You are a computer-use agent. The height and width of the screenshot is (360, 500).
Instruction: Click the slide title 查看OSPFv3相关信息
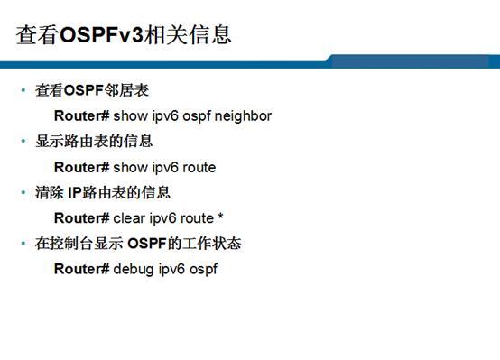124,34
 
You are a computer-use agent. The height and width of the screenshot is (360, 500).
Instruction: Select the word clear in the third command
129,218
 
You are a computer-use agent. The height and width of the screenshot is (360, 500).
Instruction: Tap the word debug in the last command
134,269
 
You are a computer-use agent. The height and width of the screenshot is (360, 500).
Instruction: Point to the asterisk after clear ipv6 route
220,217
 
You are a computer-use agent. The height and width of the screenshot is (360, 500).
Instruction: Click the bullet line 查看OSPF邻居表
91,91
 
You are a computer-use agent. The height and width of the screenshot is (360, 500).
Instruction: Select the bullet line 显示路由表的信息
94,142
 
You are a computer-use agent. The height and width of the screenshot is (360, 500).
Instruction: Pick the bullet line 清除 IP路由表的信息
102,192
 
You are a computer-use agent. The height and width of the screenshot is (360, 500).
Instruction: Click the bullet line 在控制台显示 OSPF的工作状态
137,244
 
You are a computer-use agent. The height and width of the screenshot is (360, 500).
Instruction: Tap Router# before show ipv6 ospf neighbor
81,116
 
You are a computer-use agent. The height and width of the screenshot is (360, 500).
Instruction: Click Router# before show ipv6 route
81,167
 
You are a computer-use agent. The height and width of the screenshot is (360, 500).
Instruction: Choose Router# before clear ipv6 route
81,218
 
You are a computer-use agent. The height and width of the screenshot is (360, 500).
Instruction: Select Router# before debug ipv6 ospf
81,269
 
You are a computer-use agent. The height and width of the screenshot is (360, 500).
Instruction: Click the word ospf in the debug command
203,269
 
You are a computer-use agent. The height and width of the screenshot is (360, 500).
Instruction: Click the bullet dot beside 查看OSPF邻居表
23,91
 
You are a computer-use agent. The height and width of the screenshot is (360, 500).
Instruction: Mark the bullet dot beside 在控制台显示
23,244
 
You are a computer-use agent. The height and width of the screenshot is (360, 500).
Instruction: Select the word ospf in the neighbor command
198,116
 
